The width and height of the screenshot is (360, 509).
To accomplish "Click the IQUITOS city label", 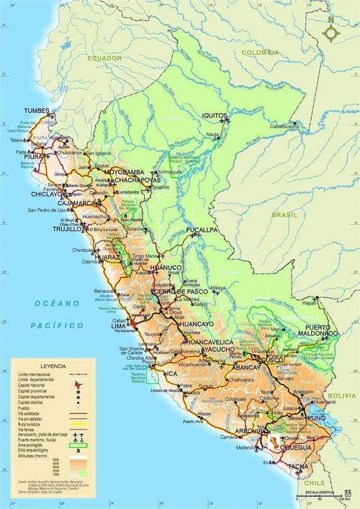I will pyautogui.click(x=214, y=115).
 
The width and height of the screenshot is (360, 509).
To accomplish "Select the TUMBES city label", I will pyautogui.click(x=37, y=111).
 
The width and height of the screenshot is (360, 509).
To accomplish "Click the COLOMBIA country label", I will pyautogui.click(x=259, y=52).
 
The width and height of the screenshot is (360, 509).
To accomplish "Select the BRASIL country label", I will pyautogui.click(x=284, y=215).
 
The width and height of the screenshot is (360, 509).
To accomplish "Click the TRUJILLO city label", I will pyautogui.click(x=68, y=229).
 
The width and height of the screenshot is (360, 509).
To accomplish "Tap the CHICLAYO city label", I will pyautogui.click(x=48, y=194).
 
